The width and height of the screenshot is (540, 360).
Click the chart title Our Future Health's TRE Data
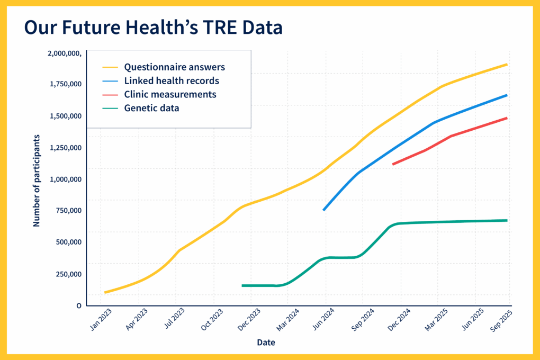(154, 28)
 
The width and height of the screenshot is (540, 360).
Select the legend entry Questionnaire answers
(174, 67)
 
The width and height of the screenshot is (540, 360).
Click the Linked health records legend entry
(172, 81)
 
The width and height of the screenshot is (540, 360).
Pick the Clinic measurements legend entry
(170, 95)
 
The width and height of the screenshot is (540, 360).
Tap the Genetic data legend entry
(151, 109)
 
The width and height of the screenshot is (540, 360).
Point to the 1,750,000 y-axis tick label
(64, 84)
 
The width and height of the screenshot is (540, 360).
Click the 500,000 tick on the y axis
(67, 242)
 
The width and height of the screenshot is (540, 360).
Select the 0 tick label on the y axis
(79, 305)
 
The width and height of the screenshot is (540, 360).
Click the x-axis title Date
(266, 343)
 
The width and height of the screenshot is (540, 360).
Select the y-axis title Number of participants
(37, 181)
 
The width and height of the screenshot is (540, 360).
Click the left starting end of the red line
(393, 164)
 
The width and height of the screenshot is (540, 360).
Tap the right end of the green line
(507, 220)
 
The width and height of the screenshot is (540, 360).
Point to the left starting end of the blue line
(323, 210)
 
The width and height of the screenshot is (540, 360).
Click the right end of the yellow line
(507, 65)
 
